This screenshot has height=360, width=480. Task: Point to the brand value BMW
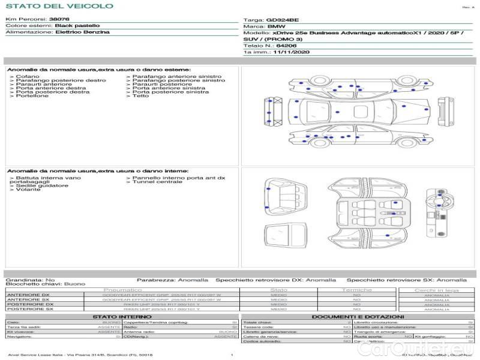[276, 27]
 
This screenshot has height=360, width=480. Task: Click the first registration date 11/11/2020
[290, 53]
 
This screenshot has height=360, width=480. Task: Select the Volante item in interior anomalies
[28, 190]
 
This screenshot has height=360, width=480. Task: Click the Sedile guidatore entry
[41, 186]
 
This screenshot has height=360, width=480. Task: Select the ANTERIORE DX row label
[28, 295]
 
